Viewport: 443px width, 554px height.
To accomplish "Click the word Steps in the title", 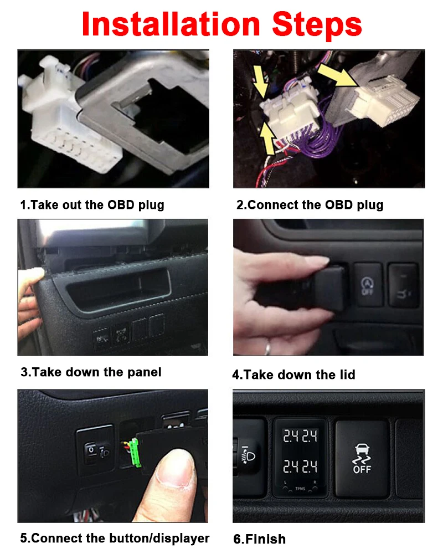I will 314,24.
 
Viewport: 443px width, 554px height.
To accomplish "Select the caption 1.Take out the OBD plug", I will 92,204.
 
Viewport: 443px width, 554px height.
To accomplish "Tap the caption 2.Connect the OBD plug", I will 310,204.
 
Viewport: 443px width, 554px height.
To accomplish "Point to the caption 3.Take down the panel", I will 91,372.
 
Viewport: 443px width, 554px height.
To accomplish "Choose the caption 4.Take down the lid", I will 293,375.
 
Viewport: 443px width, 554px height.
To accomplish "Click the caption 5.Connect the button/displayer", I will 115,538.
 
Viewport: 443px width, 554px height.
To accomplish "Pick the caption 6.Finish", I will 259,539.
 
